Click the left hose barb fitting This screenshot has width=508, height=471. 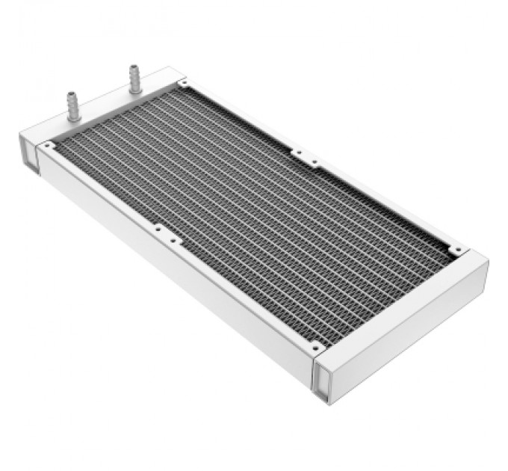click(x=75, y=106)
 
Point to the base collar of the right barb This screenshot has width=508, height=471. click(x=135, y=89)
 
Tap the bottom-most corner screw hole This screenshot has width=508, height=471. click(x=316, y=346)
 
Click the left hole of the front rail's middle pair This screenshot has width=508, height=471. click(x=156, y=228)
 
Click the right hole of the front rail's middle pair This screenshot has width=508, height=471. click(x=173, y=241)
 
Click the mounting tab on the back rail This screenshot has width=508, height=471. click(x=305, y=157)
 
